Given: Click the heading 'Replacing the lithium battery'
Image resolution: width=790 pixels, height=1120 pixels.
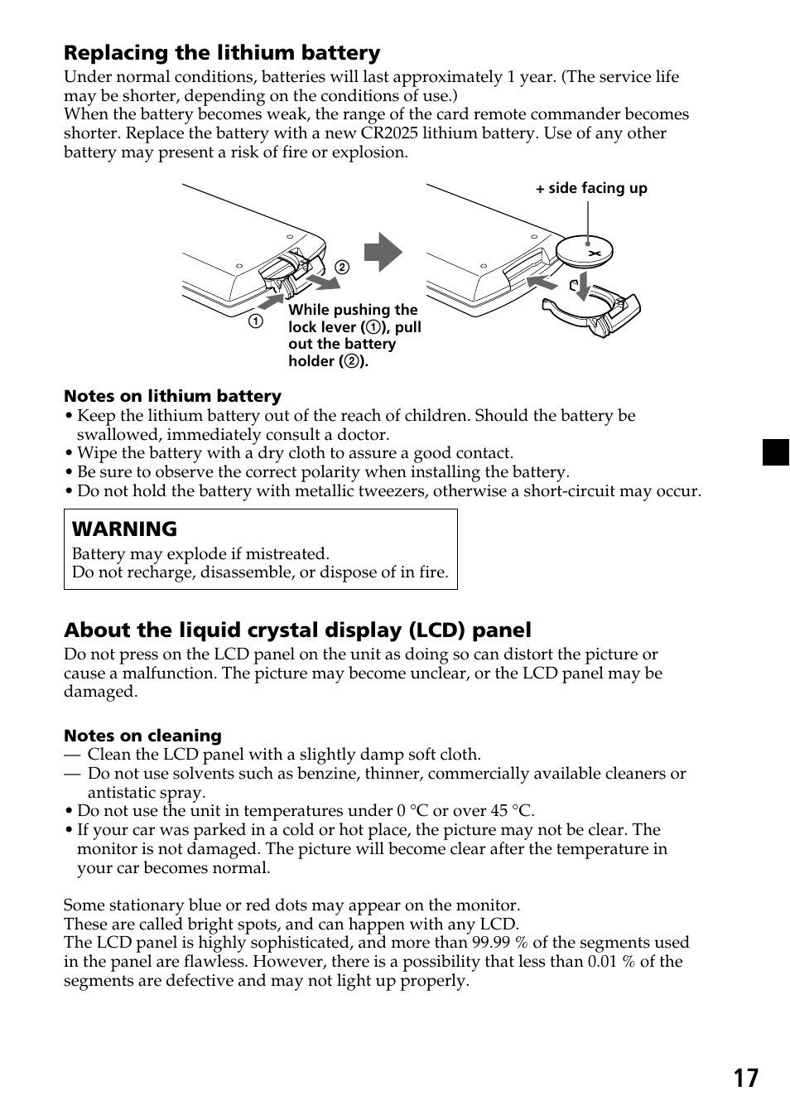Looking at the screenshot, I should pos(222,53).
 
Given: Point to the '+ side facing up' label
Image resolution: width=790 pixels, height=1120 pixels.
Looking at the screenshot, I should pos(591,188).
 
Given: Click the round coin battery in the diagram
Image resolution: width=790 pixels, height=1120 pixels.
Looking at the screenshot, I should pos(585,251).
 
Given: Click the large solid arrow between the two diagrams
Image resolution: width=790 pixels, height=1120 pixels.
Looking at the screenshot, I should pos(383,253).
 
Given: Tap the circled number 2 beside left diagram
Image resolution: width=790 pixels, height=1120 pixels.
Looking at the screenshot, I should pos(341,268).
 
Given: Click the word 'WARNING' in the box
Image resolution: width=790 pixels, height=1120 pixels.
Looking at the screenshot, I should pos(124,529).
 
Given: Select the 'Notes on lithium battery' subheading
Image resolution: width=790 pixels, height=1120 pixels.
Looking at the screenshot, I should pos(172,396).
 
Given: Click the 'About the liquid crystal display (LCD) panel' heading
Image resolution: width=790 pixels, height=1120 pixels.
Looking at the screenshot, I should pos(297,630).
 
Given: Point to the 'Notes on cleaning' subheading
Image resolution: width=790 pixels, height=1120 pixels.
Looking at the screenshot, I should pos(142,736).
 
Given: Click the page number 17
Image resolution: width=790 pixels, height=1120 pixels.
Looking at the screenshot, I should pos(744,1078).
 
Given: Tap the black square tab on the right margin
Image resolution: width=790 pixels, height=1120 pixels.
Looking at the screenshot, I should pos(776,452).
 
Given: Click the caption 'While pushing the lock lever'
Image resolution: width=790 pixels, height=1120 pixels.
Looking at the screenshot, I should pos(354,318).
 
